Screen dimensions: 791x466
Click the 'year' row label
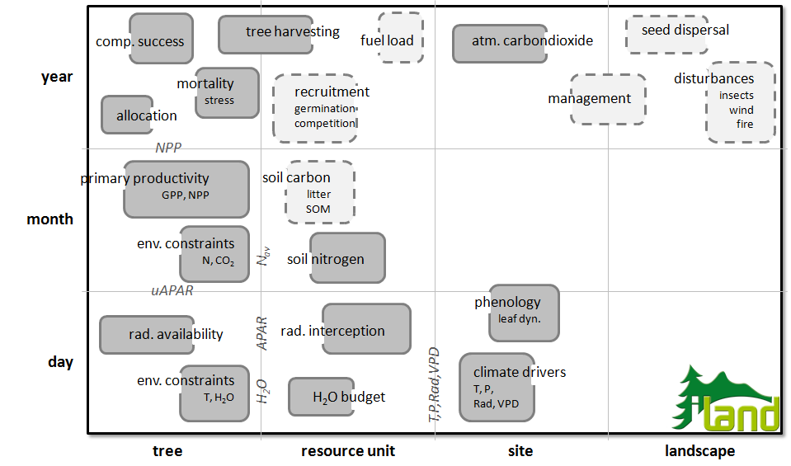click(x=57, y=78)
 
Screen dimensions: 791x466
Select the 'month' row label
click(x=50, y=219)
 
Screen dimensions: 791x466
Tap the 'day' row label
click(x=60, y=362)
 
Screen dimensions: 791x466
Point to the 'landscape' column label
click(x=699, y=451)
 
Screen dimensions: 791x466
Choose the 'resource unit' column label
click(x=348, y=451)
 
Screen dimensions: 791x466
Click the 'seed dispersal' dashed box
click(x=667, y=35)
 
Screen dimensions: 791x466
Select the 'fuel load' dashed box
click(x=401, y=38)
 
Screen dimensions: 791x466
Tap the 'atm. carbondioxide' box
click(x=500, y=44)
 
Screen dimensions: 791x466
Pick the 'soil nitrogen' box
click(x=347, y=257)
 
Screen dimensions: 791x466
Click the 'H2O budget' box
click(x=322, y=397)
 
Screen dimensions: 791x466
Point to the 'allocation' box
click(x=127, y=115)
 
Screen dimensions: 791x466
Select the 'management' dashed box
click(x=609, y=99)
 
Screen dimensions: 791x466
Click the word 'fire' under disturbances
click(x=745, y=124)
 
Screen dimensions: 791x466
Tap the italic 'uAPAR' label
click(x=172, y=291)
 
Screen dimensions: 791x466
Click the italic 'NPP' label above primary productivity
click(x=168, y=148)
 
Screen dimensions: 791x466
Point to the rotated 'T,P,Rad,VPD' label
click(x=434, y=385)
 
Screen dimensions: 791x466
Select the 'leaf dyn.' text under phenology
click(x=520, y=318)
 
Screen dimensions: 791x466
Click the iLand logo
click(x=727, y=398)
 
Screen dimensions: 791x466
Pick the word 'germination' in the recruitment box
click(x=325, y=108)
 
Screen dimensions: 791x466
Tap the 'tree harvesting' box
click(x=266, y=35)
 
